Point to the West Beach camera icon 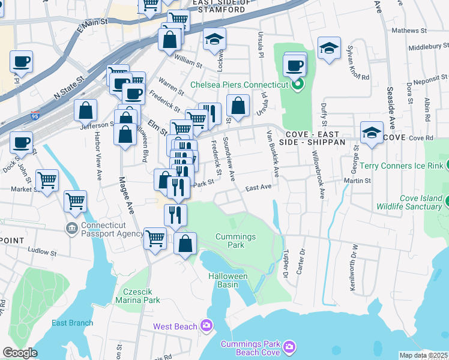click(x=207, y=326)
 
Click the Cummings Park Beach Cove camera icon click(x=290, y=347)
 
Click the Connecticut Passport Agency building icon click(x=71, y=228)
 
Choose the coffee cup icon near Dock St click(x=22, y=143)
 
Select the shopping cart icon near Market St click(x=47, y=180)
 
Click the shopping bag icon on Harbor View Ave click(x=86, y=111)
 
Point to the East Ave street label click(x=259, y=187)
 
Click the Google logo click(x=20, y=353)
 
